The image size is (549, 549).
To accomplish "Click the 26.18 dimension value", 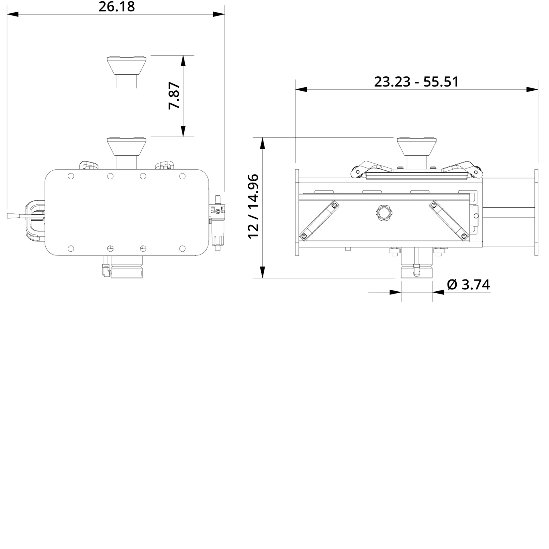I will [x=116, y=7].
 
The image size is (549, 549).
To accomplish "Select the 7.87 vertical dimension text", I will [x=174, y=96].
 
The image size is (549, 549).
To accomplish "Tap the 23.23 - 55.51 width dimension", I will [x=416, y=82].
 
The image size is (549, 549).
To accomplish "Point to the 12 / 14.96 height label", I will [x=253, y=206].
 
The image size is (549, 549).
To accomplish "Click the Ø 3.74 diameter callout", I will [x=468, y=285].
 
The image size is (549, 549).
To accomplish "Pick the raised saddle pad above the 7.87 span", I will [x=127, y=65].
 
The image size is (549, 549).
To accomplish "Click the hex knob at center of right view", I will [x=383, y=212].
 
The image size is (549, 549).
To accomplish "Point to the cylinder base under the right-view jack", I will [x=417, y=272].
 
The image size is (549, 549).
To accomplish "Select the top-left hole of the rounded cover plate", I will [x=71, y=176].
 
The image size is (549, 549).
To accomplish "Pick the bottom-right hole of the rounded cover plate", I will [x=182, y=248].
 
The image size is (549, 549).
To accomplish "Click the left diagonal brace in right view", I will [x=319, y=220].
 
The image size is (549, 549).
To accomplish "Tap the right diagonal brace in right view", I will [x=449, y=220].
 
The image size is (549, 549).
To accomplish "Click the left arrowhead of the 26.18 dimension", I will [x=13, y=14].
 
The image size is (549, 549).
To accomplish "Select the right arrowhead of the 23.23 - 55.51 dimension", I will [x=532, y=89].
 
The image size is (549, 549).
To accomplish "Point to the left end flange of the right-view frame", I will [x=297, y=212].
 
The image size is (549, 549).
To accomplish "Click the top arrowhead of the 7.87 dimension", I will [x=183, y=61].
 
